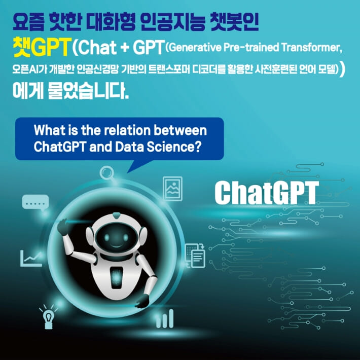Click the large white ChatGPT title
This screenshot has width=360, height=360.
pos(266,192)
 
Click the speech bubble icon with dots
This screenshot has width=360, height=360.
pos(35,203)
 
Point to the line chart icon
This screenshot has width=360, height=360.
pos(31,258)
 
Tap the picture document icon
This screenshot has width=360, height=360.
pos(172,188)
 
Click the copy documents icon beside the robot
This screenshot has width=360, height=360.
pos(195,255)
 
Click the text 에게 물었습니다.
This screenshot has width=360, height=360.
pos(71,93)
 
